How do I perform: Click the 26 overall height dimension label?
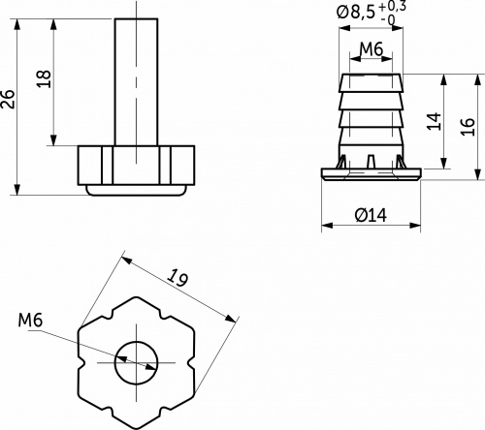(8, 99)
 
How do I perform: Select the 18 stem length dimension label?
(44, 78)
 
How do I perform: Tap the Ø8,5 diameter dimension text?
(356, 13)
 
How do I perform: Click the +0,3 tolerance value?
(392, 7)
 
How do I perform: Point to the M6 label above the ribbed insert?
(372, 49)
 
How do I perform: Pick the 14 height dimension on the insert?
(435, 121)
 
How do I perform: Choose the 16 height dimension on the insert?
(469, 127)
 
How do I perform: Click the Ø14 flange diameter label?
(371, 215)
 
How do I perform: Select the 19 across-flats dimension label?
(178, 277)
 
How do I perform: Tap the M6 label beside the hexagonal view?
(30, 321)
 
